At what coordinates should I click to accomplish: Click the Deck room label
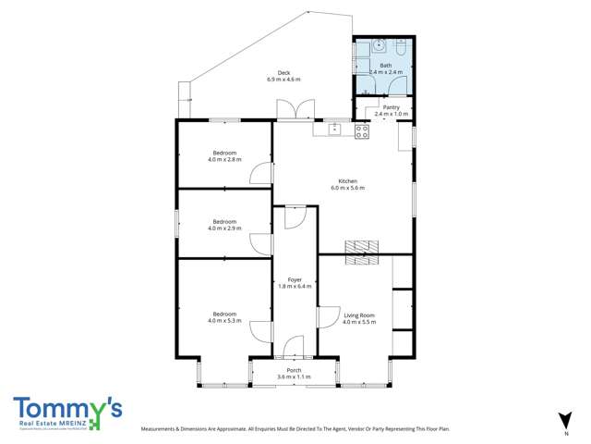[x=284, y=73]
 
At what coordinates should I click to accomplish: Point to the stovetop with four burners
[x=361, y=131]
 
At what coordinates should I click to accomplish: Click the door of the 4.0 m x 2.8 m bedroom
[x=265, y=172]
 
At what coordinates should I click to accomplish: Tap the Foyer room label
[x=295, y=279]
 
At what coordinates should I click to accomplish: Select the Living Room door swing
[x=326, y=317]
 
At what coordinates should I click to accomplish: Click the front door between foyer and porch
[x=294, y=349]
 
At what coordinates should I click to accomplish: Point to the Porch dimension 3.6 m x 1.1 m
[x=294, y=377]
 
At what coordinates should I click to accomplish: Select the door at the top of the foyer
[x=294, y=216]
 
